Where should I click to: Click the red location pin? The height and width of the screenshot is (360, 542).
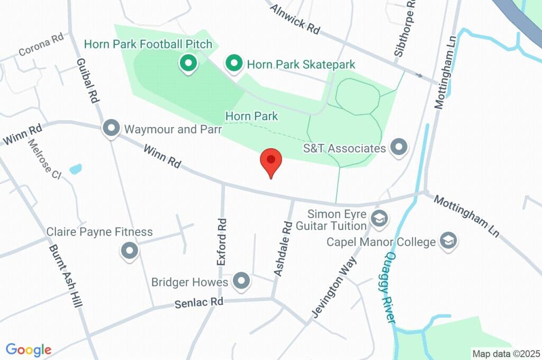[x=271, y=161]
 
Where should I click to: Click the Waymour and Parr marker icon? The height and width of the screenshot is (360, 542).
[x=111, y=128]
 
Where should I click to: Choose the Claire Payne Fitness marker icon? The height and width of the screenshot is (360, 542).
[x=129, y=251]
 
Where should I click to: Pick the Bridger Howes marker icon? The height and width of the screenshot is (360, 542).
[x=242, y=281]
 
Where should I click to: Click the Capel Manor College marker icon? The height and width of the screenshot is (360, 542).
[x=449, y=241]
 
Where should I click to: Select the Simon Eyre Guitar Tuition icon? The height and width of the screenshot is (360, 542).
[x=379, y=218]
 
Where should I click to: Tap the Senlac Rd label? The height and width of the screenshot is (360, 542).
[x=199, y=303]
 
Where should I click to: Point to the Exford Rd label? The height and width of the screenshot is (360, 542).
[x=222, y=242]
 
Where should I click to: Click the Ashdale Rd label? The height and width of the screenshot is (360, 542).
[x=283, y=249]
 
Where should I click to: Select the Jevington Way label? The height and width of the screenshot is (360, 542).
[x=332, y=286]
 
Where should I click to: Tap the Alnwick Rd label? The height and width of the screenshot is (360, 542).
[x=295, y=20]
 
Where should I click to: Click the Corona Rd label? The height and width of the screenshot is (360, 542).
[x=41, y=46]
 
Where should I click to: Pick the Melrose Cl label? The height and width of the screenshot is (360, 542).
[x=45, y=159]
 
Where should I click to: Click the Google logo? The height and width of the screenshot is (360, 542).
[x=29, y=349]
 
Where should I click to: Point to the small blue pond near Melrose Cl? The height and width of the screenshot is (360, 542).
[x=76, y=169]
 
